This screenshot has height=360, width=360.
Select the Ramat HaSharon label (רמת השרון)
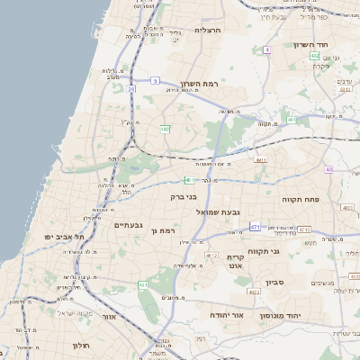212,83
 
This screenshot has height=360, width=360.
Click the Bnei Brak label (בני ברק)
184,195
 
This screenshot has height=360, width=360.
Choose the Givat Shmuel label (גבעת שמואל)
217,212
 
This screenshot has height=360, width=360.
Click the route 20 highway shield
132,89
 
